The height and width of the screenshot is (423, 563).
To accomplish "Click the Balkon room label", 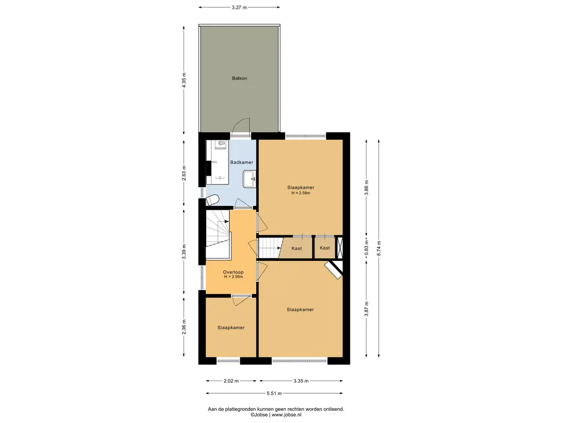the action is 240,78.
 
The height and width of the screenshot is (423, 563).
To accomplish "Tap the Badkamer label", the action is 242,162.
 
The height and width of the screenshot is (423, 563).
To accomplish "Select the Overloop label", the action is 233,272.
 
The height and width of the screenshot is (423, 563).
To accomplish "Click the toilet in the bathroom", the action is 213,199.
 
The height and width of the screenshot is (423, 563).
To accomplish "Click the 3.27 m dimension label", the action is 239,7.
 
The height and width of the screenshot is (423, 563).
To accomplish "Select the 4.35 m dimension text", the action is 184,80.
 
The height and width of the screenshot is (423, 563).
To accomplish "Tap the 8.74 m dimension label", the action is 378,248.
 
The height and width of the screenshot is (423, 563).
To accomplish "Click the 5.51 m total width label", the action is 274,393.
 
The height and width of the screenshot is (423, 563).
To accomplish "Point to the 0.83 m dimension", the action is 366,248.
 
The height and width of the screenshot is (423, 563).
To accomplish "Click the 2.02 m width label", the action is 231,381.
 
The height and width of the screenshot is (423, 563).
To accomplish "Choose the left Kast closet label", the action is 296,248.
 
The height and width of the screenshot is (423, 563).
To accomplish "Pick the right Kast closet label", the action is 324,248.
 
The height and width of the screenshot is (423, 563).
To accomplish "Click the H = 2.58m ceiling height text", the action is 301,193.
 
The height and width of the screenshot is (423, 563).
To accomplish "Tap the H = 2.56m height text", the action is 233,276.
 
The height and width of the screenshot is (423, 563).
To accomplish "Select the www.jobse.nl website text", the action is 286,415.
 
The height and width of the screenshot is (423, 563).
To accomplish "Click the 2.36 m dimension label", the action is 184,327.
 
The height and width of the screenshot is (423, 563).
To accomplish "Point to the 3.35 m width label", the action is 301,381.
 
